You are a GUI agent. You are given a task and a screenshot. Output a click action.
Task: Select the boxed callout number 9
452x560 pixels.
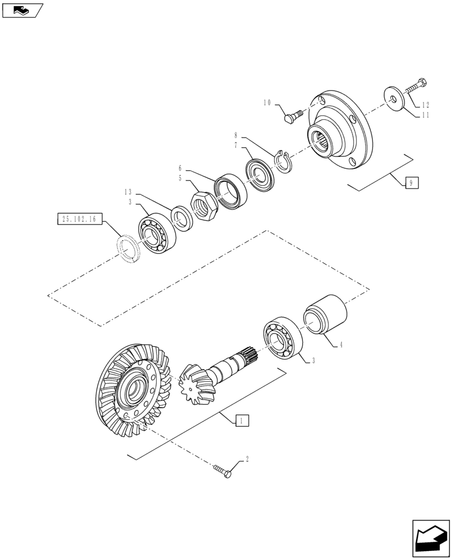coord(411,183)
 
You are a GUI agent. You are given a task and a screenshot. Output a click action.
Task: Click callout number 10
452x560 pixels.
coord(267,102)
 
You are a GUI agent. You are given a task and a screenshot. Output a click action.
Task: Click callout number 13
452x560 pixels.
coord(128,192)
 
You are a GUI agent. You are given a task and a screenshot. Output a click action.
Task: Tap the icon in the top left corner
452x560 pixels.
coord(22,9)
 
